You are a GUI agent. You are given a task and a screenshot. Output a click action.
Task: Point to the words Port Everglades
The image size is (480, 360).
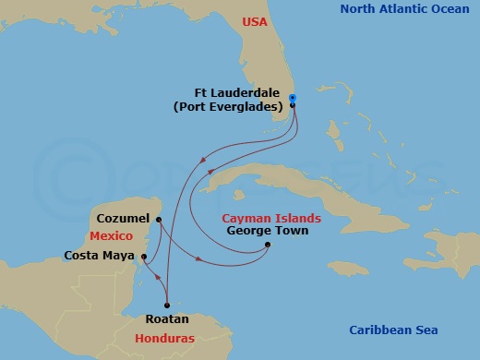click(242, 106)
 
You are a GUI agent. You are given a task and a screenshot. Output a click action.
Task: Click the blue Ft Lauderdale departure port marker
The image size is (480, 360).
click(293, 98)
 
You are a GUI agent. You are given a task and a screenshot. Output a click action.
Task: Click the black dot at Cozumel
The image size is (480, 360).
click(159, 220)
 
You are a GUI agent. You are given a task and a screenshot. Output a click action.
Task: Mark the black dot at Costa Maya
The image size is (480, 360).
click(144, 256)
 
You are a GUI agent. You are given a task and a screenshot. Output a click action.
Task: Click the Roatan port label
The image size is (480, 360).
click(167, 318)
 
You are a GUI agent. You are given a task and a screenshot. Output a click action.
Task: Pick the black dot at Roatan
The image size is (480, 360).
click(167, 306)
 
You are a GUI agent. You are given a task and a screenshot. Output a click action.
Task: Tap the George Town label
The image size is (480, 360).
click(268, 231)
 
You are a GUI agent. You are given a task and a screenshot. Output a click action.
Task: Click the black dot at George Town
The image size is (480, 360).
click(267, 245)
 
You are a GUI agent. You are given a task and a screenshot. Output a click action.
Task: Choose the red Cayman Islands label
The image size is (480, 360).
click(272, 218)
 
